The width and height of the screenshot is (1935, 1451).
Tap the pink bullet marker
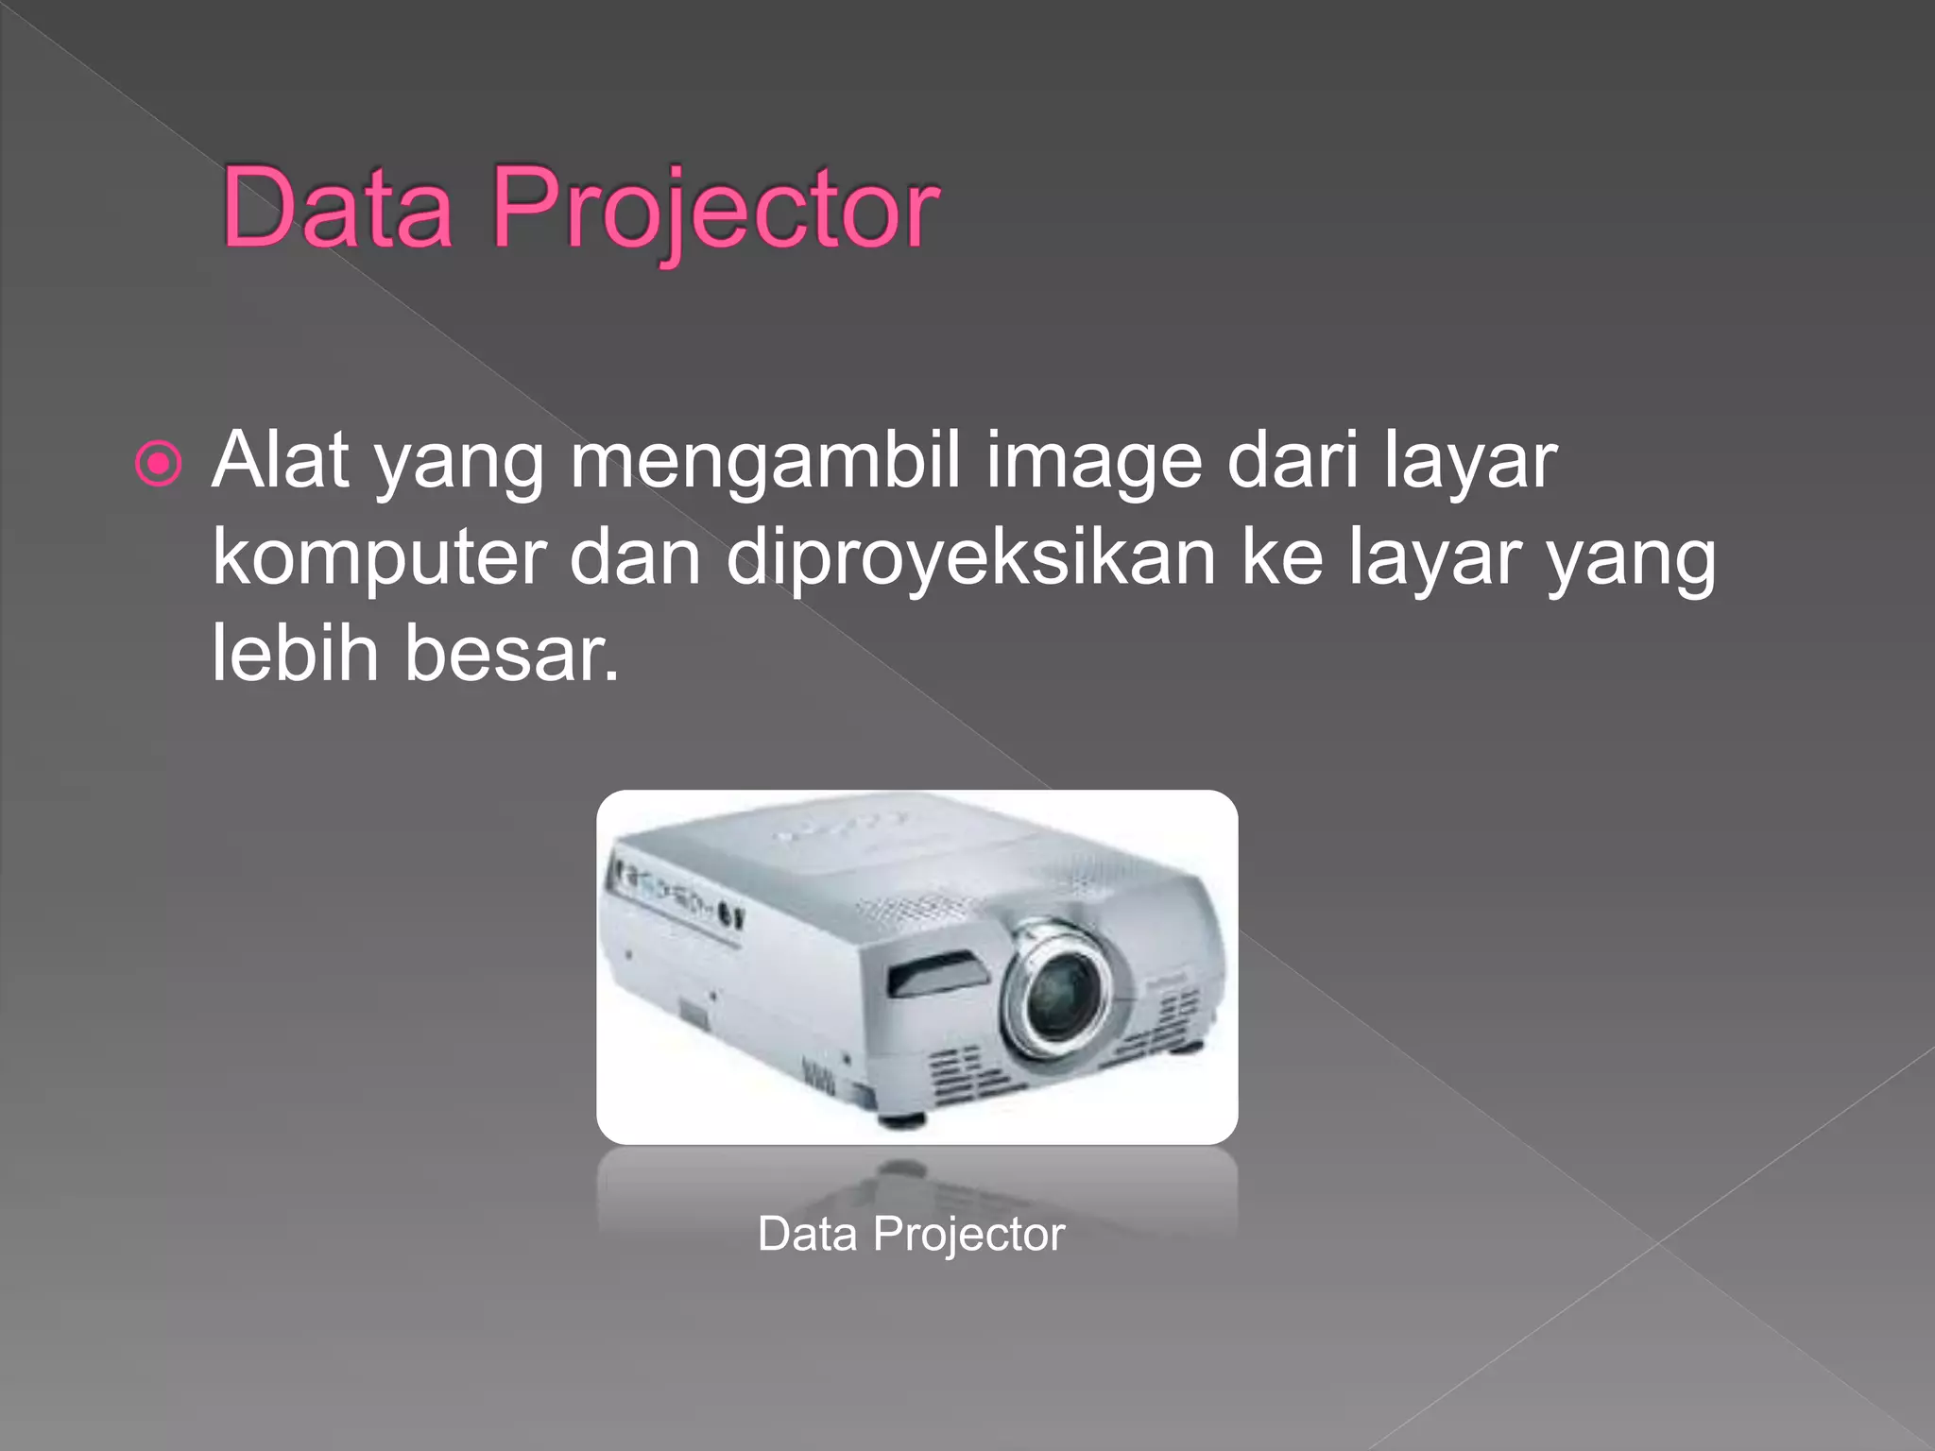[x=158, y=464]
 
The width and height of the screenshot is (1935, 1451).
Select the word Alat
[x=281, y=460]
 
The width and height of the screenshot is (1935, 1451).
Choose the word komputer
[x=379, y=559]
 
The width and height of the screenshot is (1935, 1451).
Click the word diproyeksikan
[x=970, y=559]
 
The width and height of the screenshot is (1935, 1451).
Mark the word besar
[x=510, y=653]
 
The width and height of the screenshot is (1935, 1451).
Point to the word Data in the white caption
[x=807, y=1234]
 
